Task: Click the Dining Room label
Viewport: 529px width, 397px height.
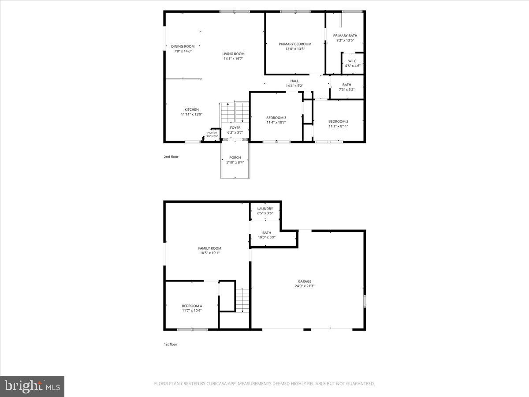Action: click(183, 46)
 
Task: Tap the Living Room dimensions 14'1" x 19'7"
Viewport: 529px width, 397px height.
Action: click(233, 59)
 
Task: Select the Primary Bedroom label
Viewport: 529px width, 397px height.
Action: click(295, 44)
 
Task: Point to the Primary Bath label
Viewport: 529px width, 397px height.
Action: click(345, 36)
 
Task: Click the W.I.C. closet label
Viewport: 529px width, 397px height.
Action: click(353, 61)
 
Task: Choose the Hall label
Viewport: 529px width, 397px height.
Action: click(294, 81)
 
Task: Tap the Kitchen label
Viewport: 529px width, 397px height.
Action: click(191, 109)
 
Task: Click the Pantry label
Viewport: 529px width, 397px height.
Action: click(212, 133)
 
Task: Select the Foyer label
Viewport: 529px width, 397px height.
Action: click(235, 127)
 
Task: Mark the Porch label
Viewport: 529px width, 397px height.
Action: click(235, 157)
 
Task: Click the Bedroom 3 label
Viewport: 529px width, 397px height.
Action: click(276, 117)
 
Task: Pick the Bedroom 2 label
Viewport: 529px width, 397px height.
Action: click(338, 121)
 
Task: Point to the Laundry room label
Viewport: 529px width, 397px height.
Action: click(265, 209)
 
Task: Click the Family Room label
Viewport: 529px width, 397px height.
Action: click(209, 248)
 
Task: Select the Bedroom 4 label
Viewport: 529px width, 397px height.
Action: click(192, 306)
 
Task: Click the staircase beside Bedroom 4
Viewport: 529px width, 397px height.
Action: click(242, 300)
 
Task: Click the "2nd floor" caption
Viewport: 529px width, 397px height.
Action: click(171, 157)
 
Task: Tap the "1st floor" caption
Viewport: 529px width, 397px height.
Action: click(170, 345)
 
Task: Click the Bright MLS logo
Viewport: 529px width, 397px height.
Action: click(32, 386)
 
